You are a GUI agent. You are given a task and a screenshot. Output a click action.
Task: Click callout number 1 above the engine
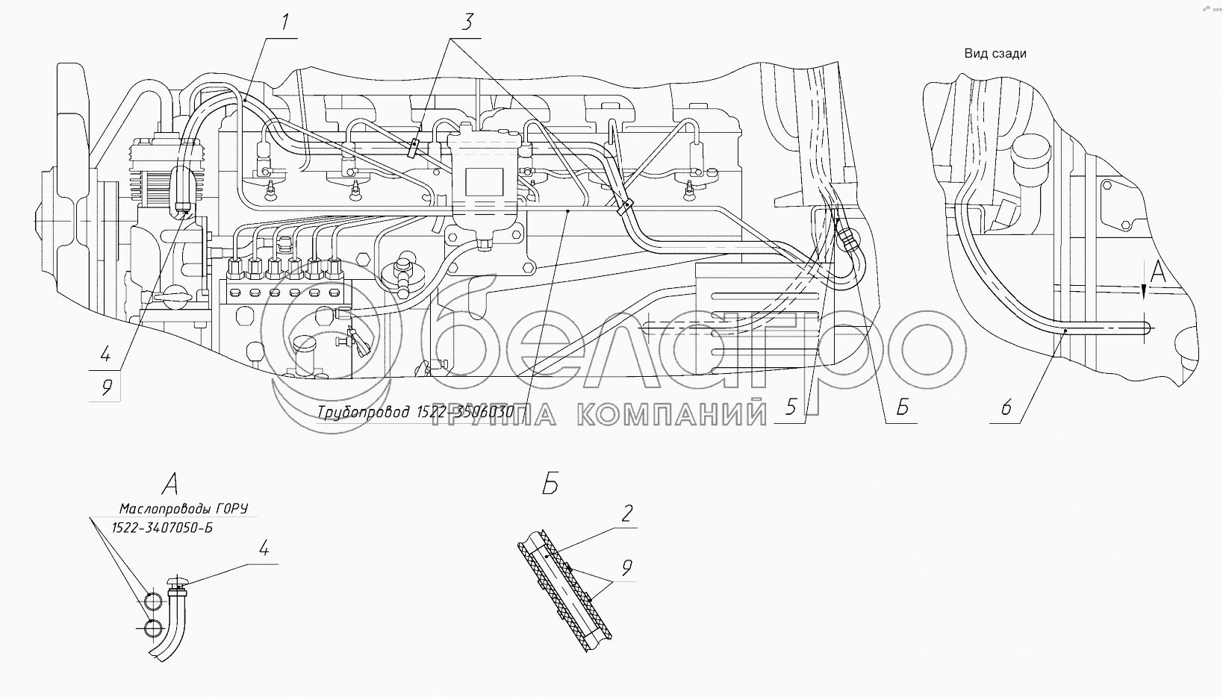coord(285,23)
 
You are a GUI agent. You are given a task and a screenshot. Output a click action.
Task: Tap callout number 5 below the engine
coord(791,407)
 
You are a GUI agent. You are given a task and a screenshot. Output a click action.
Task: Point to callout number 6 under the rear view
coord(1006,407)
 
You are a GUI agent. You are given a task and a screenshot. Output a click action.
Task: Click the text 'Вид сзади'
coord(995,54)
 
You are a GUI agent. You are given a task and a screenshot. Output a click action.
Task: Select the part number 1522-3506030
coord(466,412)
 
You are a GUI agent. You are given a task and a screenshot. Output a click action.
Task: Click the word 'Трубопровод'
coord(364,413)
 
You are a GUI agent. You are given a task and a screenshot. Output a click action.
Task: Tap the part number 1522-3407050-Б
coord(162,528)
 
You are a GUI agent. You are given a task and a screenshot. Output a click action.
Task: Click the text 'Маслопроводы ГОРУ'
coord(184,509)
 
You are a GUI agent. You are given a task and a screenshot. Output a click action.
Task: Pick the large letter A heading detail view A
coord(170,484)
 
